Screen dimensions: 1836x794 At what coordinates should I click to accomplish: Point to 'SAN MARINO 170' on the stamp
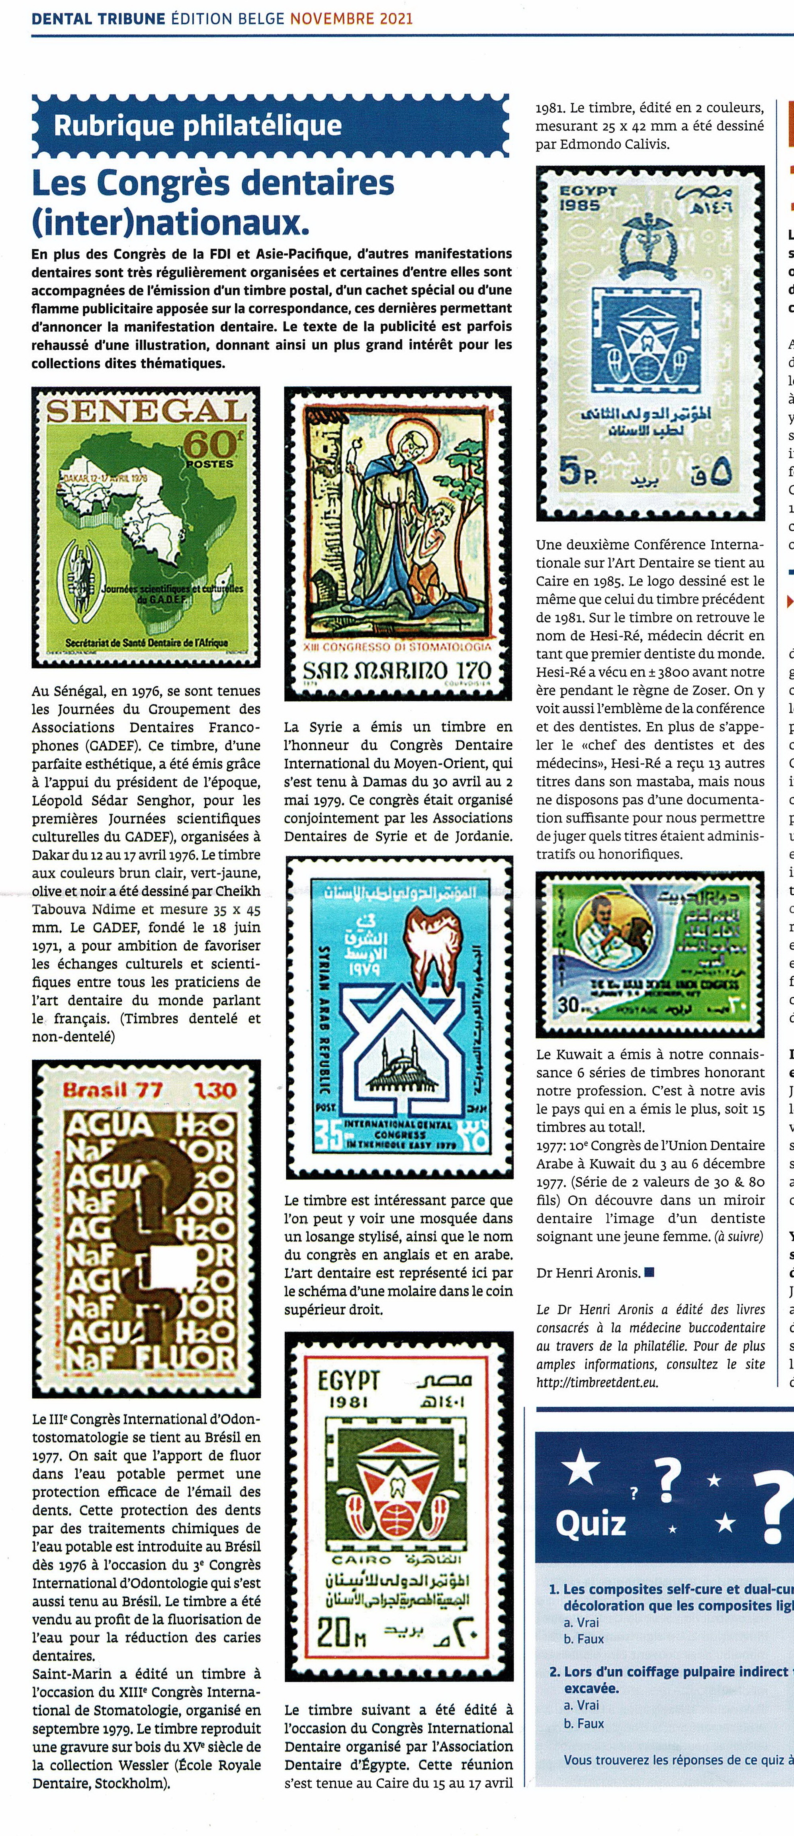397,671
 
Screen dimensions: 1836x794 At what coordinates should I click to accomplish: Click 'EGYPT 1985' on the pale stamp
588,198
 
